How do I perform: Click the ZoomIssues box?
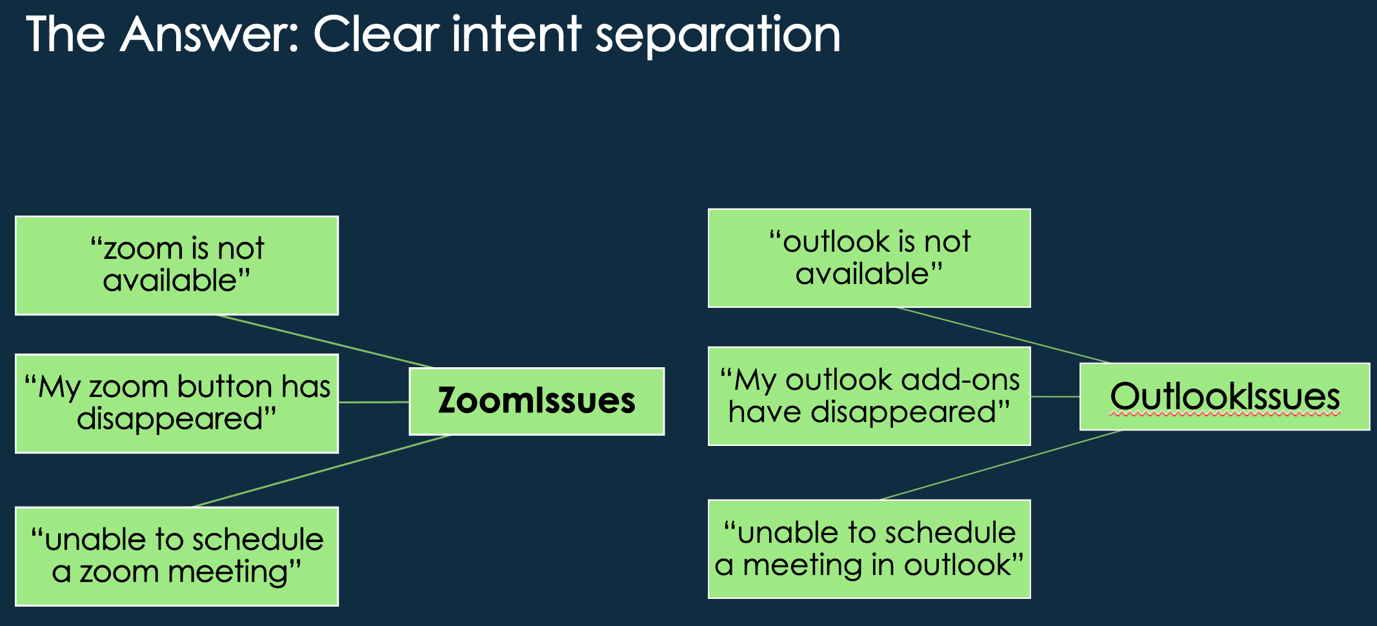(x=537, y=401)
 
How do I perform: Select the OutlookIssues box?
(x=1225, y=396)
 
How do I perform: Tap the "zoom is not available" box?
(x=177, y=265)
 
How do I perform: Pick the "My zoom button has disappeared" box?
(x=177, y=403)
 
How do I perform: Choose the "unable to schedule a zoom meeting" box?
(x=177, y=556)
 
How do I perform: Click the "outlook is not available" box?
(x=869, y=258)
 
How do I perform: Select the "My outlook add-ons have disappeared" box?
(x=869, y=396)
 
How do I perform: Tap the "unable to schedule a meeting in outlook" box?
(x=869, y=549)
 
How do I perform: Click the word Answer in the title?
(x=210, y=34)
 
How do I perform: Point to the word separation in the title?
(x=718, y=35)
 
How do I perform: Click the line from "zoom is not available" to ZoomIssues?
(x=325, y=341)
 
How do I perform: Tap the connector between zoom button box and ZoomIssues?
(x=374, y=402)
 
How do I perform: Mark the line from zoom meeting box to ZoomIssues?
(x=321, y=471)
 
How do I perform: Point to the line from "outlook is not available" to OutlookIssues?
(x=1003, y=335)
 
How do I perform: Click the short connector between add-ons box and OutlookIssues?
(x=1055, y=396)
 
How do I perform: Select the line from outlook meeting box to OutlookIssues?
(x=1001, y=465)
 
